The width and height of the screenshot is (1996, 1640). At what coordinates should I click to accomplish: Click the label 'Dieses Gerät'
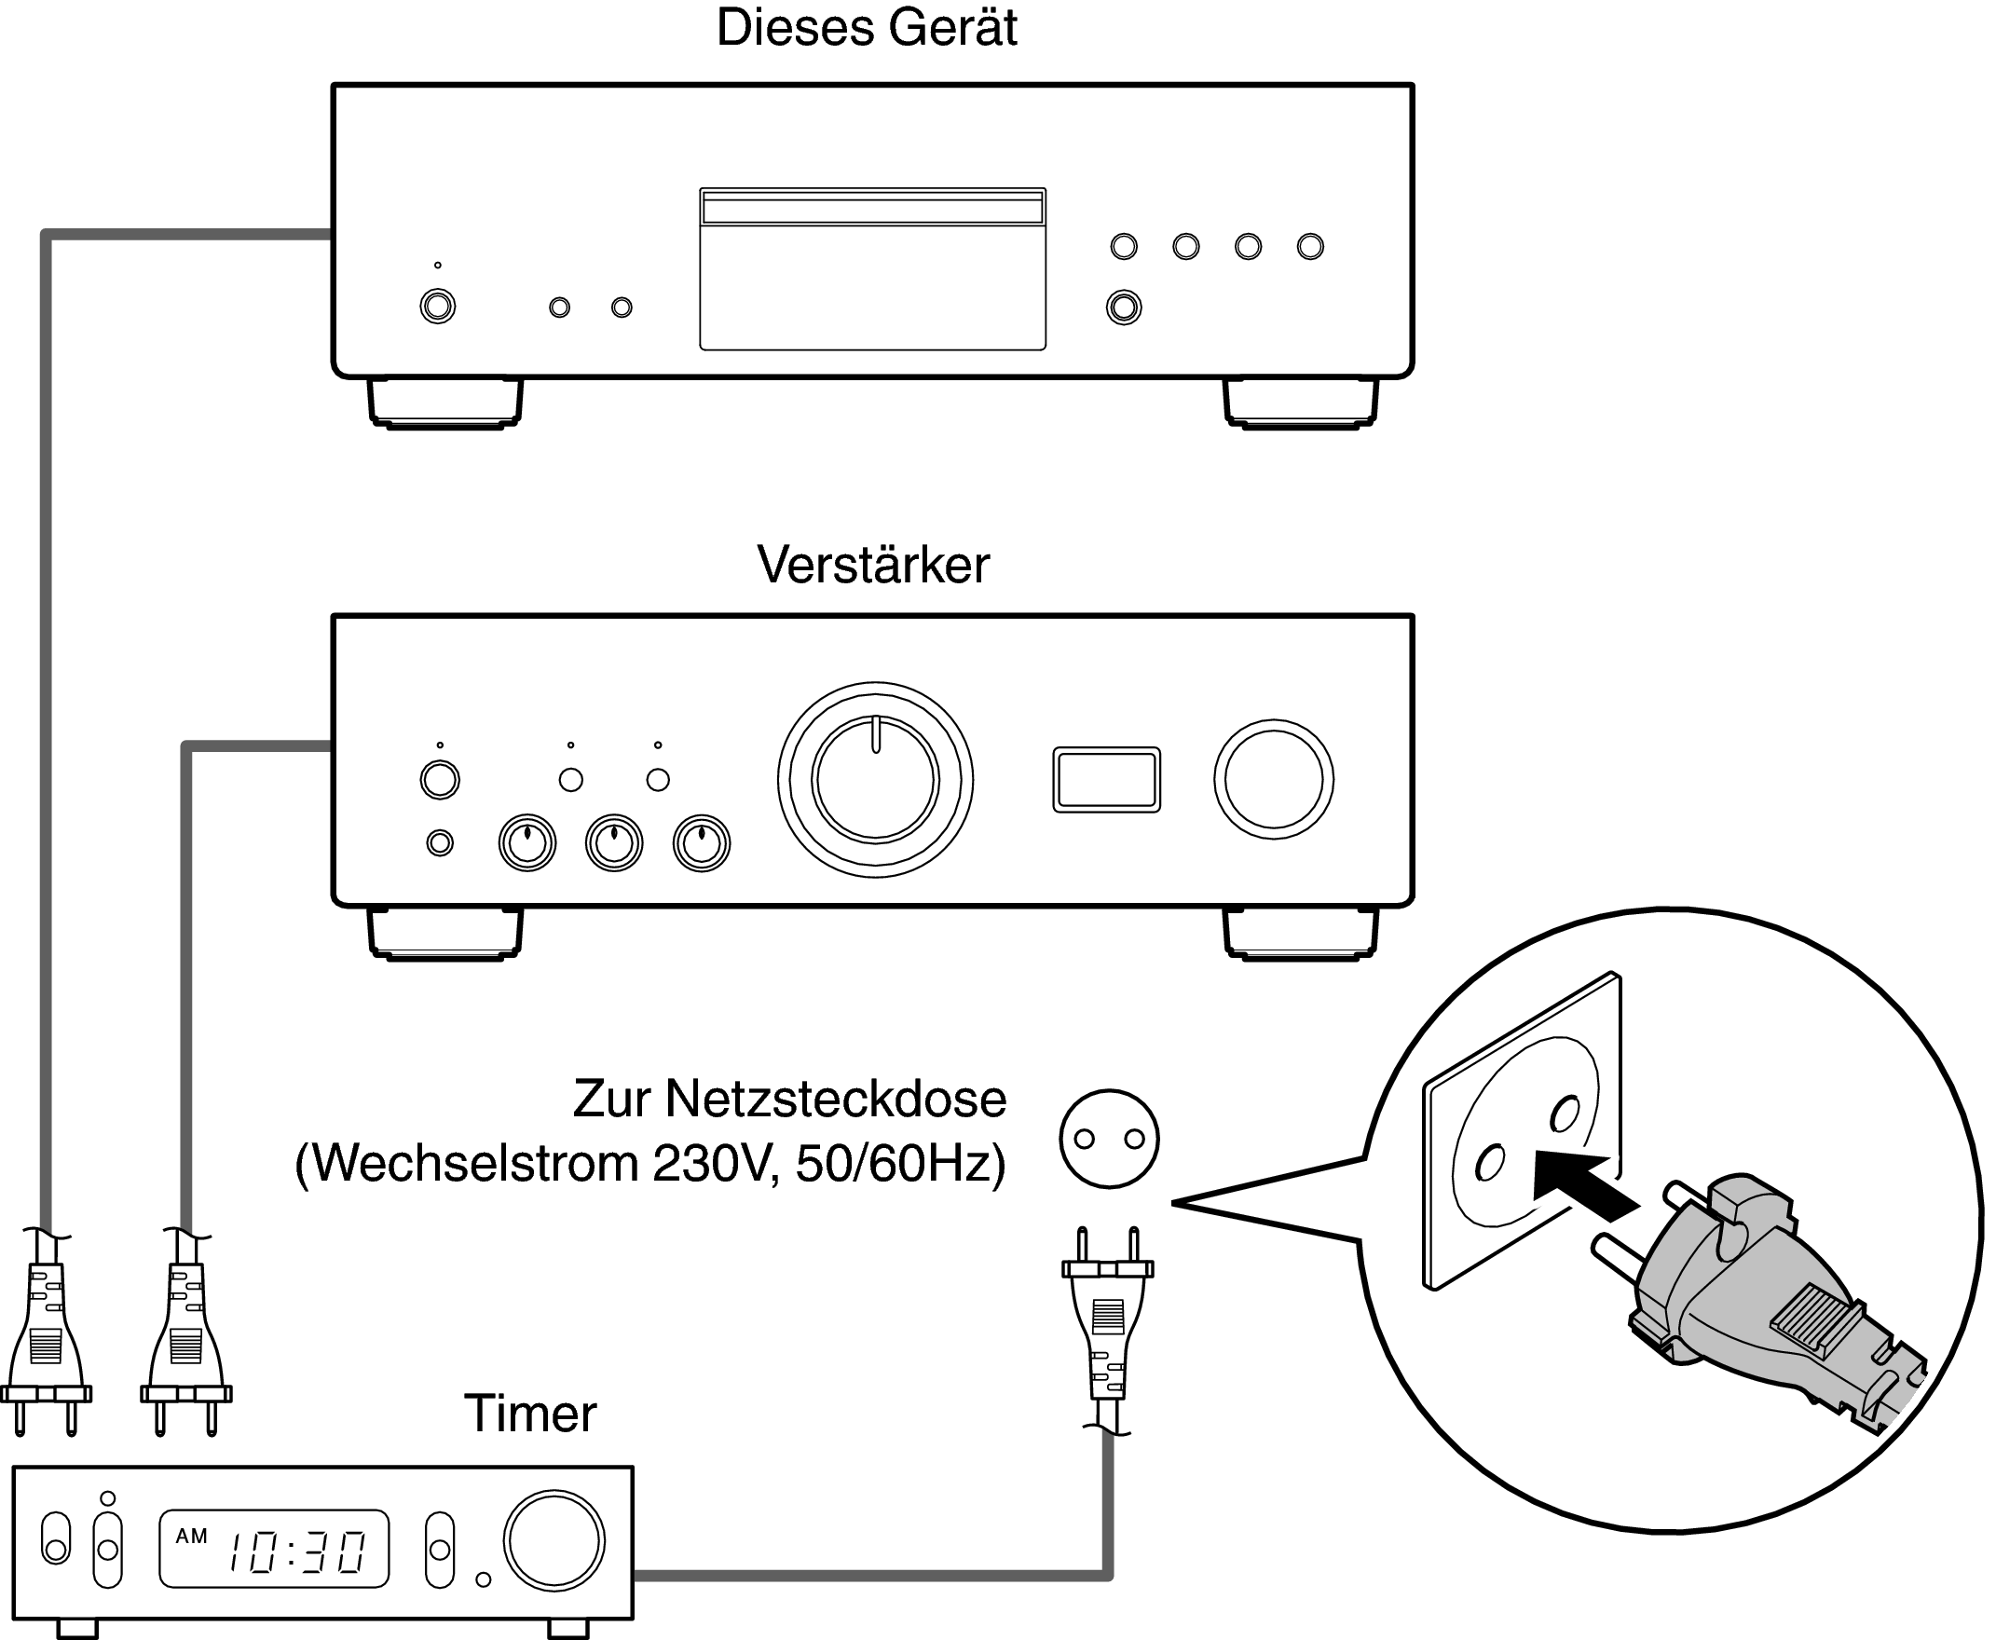pos(867,28)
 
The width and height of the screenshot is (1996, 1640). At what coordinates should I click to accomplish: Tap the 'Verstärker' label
pos(873,565)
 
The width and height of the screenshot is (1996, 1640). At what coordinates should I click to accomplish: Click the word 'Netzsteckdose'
pos(835,1099)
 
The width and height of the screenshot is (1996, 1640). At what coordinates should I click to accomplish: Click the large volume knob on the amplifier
pos(875,779)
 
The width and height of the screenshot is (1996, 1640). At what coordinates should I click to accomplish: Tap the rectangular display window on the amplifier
pos(1106,779)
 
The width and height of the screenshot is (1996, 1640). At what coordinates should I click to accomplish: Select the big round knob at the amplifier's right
pos(1274,779)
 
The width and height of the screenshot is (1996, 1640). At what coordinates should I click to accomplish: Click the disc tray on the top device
pos(872,269)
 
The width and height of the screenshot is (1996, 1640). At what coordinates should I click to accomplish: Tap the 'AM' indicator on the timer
pos(192,1536)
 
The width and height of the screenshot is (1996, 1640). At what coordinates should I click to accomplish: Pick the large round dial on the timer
pos(554,1541)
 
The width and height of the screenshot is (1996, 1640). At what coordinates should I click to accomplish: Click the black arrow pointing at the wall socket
pos(1582,1186)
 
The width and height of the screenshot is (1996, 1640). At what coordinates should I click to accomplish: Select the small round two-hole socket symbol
pos(1109,1139)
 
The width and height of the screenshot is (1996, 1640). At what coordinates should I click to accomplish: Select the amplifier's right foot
pos(1301,934)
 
